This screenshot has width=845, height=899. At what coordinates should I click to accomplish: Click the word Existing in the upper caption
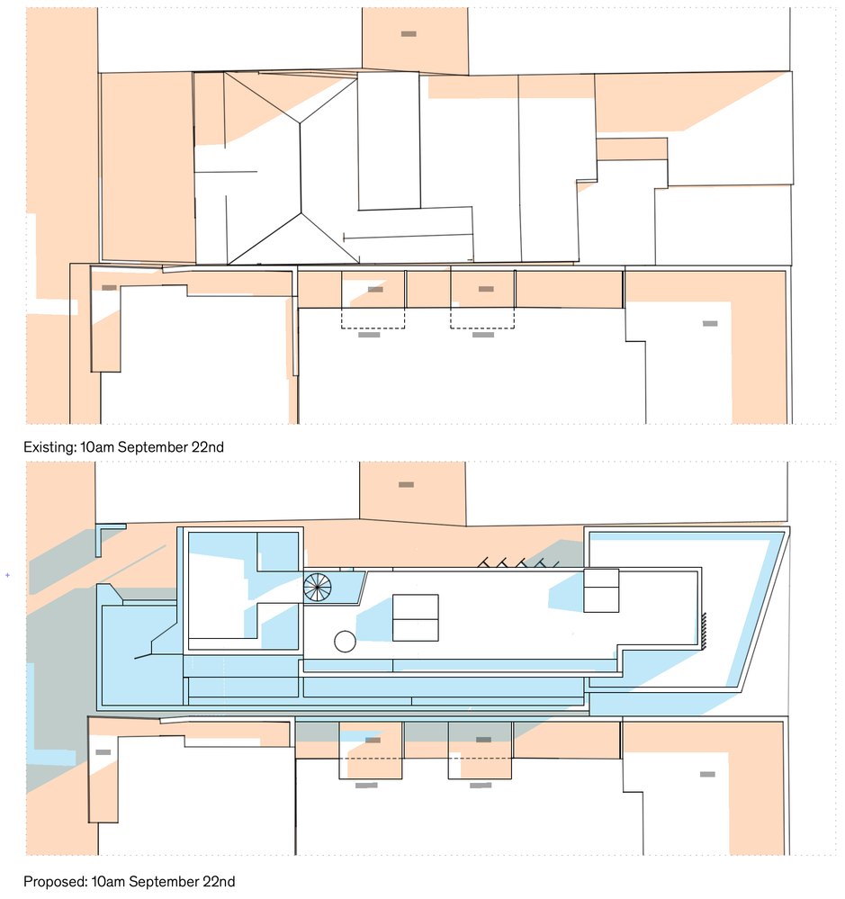49,448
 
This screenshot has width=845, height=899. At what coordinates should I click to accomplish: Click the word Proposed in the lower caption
55,882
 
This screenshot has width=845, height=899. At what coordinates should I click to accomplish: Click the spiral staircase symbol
318,587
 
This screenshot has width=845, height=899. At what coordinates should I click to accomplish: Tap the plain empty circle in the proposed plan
345,642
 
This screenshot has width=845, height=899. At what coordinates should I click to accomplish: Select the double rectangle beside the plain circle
416,617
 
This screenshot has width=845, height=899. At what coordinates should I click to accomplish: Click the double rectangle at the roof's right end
601,590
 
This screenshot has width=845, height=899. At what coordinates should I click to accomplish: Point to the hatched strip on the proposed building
704,631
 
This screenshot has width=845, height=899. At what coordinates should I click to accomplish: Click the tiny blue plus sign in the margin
7,575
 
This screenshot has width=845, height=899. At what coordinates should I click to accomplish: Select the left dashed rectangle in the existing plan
373,319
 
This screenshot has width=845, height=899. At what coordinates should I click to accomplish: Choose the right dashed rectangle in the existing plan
482,319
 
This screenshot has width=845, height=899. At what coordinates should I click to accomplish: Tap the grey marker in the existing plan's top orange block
409,34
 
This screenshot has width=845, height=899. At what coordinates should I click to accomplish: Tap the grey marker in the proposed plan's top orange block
406,485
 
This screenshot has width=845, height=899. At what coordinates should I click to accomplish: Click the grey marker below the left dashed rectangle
369,335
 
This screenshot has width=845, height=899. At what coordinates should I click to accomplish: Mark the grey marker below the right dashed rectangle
483,335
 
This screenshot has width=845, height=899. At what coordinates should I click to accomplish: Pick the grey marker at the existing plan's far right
710,324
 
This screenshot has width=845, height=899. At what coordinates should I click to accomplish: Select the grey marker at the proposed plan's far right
707,775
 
